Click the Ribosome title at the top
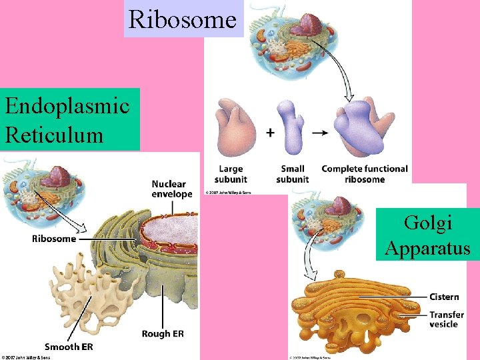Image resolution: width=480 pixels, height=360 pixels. [x=183, y=19]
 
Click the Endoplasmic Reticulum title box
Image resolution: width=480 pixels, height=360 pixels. [x=70, y=119]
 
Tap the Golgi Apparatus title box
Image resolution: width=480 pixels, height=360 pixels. [x=427, y=235]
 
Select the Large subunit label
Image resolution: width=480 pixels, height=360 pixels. [x=231, y=174]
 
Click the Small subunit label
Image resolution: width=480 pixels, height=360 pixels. [x=293, y=174]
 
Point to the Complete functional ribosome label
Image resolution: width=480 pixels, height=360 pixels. [x=365, y=174]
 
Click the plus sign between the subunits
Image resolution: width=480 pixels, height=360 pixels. [x=270, y=133]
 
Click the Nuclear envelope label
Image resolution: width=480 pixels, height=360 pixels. [x=171, y=189]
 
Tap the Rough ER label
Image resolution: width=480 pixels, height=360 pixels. [x=162, y=333]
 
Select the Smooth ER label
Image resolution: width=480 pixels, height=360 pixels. [x=69, y=347]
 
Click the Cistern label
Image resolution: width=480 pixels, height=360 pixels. [x=444, y=297]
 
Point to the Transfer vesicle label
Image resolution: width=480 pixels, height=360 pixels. [x=447, y=319]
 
